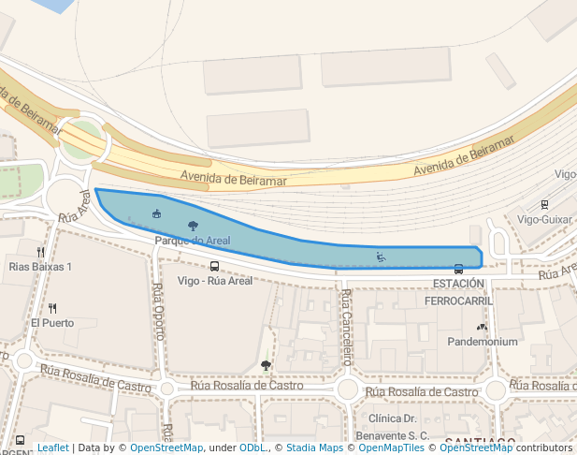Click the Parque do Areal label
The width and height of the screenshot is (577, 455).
point(192,241)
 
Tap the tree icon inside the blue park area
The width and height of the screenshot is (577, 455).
point(193,226)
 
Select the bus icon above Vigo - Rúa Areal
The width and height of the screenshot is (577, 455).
point(215,266)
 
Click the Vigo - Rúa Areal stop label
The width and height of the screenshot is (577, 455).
point(215,281)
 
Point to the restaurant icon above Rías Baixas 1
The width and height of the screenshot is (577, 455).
point(40,252)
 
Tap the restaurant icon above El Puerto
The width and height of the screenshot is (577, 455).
point(52,308)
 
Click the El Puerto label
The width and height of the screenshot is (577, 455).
point(52,323)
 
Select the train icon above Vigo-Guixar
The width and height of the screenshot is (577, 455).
point(544,205)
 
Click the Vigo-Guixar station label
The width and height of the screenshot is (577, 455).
point(544,219)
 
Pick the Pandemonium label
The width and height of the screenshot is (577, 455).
point(483,342)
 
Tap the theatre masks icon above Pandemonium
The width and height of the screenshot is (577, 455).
point(482,328)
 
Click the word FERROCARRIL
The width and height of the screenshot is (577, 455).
point(458,301)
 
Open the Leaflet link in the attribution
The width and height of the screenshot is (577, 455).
point(52,448)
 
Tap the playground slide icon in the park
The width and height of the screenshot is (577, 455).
point(381,257)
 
